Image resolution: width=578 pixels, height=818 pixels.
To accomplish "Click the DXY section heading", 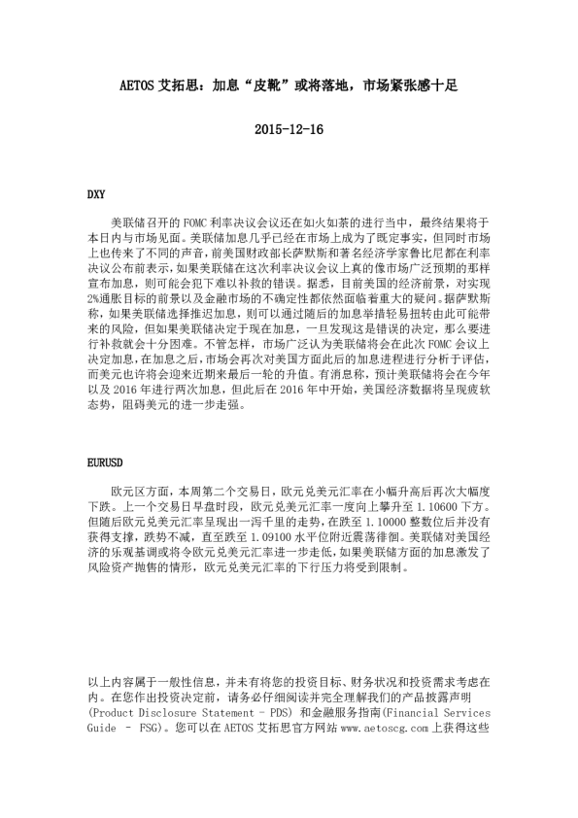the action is pos(96,195).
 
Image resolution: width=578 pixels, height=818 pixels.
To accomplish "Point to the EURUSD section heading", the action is pos(106,455).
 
